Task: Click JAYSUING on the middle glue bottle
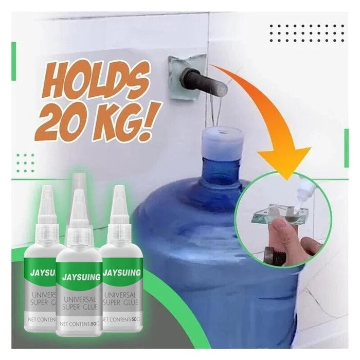81,277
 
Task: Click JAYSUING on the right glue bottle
122,273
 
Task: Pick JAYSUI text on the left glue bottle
43,274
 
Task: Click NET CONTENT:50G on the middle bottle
79,324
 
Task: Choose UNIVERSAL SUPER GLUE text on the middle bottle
80,303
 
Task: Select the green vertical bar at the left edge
13,61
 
